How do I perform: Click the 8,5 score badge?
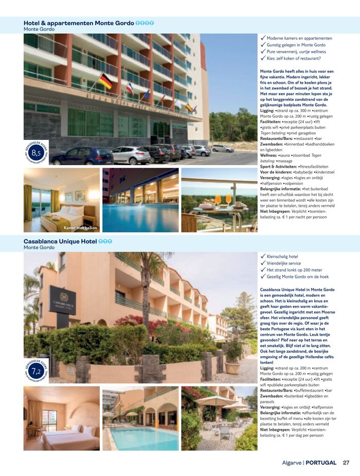pyautogui.click(x=36, y=152)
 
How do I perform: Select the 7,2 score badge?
pyautogui.click(x=36, y=371)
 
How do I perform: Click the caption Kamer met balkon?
pyautogui.click(x=80, y=227)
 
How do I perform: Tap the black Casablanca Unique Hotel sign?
pyautogui.click(x=62, y=300)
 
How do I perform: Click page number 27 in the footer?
pyautogui.click(x=346, y=462)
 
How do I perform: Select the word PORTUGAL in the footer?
pyautogui.click(x=321, y=462)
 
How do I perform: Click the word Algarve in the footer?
pyautogui.click(x=292, y=462)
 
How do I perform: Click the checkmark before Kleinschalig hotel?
pyautogui.click(x=263, y=256)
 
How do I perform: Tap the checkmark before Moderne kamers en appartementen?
pyautogui.click(x=263, y=38)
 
